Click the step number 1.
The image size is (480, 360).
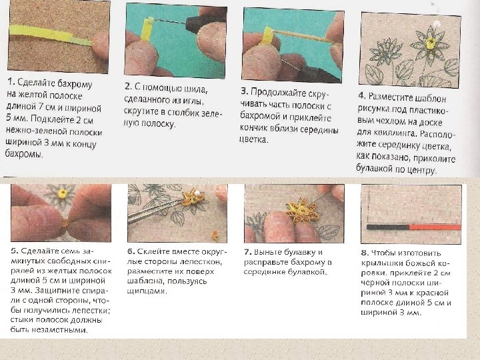coord(11,81)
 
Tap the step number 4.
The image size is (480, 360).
coord(362,95)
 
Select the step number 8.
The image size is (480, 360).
coord(365,253)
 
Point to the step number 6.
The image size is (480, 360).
coord(131,251)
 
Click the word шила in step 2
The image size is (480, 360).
coord(195,89)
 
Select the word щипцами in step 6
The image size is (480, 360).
coord(147,291)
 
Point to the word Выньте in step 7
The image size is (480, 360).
coord(269,253)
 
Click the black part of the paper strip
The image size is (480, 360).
coord(388,227)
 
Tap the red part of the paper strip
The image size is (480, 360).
coord(435,227)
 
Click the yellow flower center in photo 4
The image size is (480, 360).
coord(431,43)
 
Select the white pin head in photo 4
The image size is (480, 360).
coord(437,24)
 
